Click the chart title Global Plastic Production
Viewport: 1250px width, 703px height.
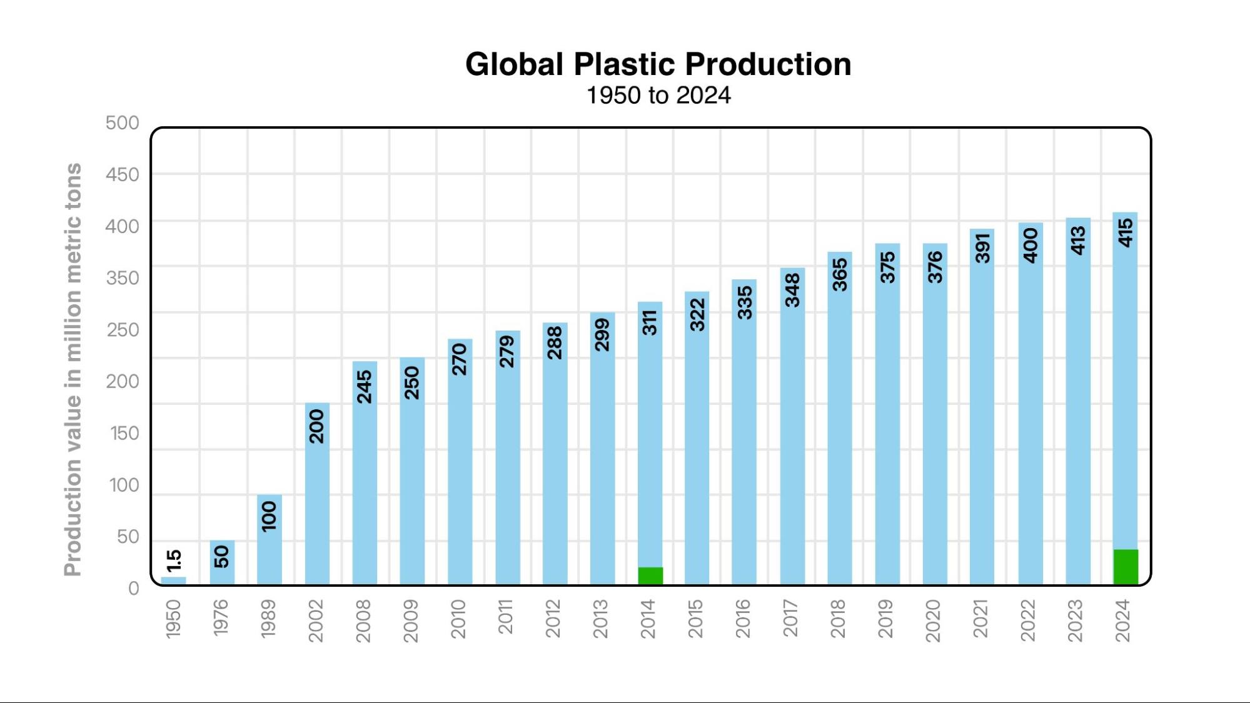pos(658,64)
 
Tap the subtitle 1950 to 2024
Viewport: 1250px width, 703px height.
pos(658,96)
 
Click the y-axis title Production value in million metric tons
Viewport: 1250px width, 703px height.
pos(73,369)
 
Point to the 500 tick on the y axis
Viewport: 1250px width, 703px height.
pos(122,122)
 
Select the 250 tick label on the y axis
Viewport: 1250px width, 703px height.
pos(122,329)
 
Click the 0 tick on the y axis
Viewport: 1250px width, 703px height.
pos(133,588)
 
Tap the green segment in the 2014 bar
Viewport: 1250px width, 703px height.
pos(650,576)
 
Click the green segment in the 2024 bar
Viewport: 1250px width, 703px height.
pos(1126,567)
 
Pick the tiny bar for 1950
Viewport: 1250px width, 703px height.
pos(173,581)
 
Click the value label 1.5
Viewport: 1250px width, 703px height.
pos(174,560)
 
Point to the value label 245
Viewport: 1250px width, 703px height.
pos(365,386)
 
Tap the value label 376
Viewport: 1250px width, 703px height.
pos(935,267)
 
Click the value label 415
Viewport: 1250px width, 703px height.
pos(1126,232)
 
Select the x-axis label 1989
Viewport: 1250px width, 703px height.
pos(268,619)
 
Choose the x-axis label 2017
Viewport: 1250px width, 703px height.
pos(790,619)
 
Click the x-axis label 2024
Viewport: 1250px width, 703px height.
pos(1123,621)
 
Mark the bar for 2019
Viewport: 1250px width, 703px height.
pos(887,437)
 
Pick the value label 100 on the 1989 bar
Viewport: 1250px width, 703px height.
pos(269,516)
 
